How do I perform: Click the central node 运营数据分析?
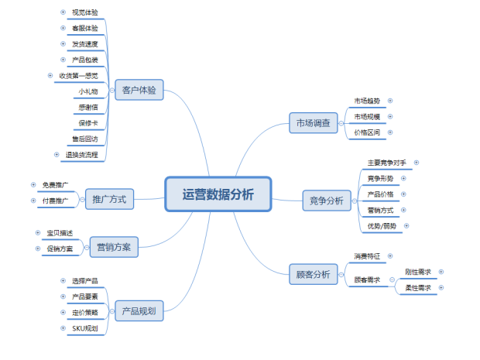click(218, 194)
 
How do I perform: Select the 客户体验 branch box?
click(139, 91)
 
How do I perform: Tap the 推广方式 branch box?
click(109, 199)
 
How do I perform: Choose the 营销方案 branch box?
click(113, 248)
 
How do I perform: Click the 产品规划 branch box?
click(139, 311)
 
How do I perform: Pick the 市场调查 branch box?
click(313, 122)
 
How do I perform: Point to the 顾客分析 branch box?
click(313, 274)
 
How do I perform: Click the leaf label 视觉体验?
click(84, 12)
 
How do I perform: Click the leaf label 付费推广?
click(55, 201)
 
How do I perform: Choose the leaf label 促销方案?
click(60, 249)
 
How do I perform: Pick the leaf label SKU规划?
click(84, 328)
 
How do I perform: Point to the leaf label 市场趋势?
click(367, 101)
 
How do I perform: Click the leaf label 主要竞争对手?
click(386, 163)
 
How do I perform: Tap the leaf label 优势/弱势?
click(382, 226)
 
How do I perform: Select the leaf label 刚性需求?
click(418, 272)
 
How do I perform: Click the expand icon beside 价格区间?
click(390, 132)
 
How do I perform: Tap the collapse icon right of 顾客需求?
click(392, 279)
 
